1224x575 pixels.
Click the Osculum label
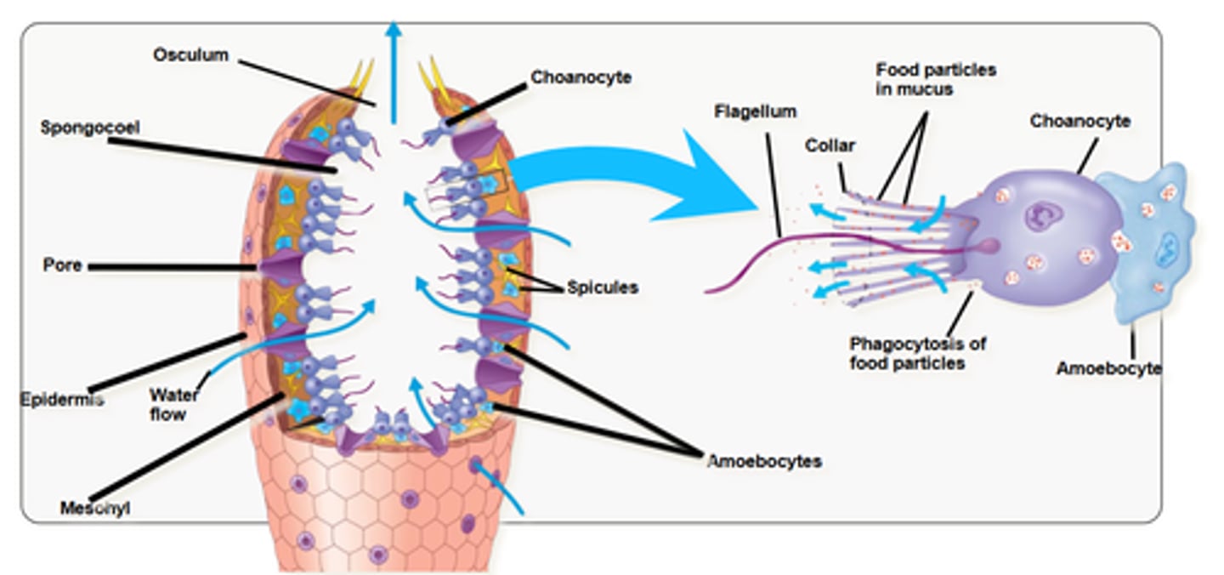pyautogui.click(x=190, y=55)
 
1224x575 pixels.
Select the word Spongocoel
pyautogui.click(x=89, y=128)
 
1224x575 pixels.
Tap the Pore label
pyautogui.click(x=62, y=265)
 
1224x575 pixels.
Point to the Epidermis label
pyautogui.click(x=61, y=398)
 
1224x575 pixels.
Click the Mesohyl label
pyautogui.click(x=94, y=509)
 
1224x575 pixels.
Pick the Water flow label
pyautogui.click(x=173, y=405)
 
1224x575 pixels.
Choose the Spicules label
pyautogui.click(x=603, y=287)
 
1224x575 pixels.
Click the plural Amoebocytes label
pyautogui.click(x=764, y=461)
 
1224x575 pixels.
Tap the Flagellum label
pyautogui.click(x=755, y=111)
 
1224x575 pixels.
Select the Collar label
pyautogui.click(x=830, y=145)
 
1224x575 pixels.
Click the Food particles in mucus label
pyautogui.click(x=936, y=79)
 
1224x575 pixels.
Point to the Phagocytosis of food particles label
pyautogui.click(x=917, y=353)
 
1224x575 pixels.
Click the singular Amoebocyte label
pyautogui.click(x=1108, y=368)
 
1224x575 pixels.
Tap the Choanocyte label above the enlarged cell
pyautogui.click(x=1079, y=121)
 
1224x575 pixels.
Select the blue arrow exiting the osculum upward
pyautogui.click(x=393, y=68)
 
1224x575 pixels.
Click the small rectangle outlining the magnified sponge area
pyautogui.click(x=465, y=187)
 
